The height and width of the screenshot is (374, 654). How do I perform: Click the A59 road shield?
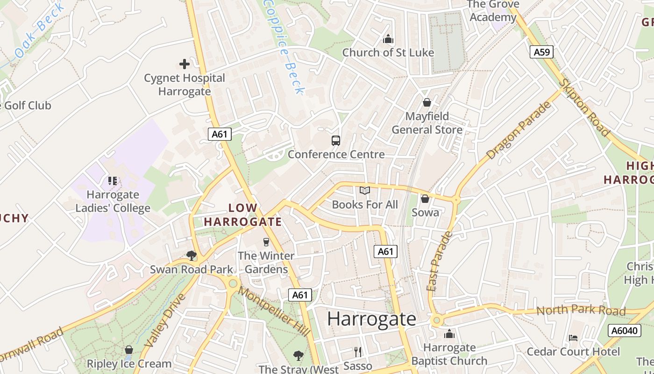[x=541, y=52]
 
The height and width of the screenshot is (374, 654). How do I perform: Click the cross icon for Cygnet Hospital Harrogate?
[x=185, y=64]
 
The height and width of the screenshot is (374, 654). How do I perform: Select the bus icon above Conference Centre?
[x=335, y=140]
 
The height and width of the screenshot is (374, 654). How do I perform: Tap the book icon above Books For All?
[x=365, y=191]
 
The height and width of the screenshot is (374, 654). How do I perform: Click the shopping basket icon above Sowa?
[x=425, y=199]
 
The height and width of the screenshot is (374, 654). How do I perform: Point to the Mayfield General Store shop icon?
[x=427, y=102]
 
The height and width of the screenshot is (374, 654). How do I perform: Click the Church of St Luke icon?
[x=388, y=39]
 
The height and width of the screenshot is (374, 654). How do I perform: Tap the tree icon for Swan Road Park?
[x=191, y=255]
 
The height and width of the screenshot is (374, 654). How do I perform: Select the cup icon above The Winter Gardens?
[x=266, y=242]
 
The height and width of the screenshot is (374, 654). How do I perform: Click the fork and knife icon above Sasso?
[x=357, y=352]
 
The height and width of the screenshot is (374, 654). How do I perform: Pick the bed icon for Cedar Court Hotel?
[x=573, y=338]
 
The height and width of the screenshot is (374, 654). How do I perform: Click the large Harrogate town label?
[x=371, y=319]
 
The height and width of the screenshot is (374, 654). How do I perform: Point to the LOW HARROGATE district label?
[x=243, y=215]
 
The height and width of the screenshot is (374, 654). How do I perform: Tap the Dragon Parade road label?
[x=519, y=130]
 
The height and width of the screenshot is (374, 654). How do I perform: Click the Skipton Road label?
[x=585, y=107]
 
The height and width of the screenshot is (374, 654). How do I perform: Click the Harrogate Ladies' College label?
[x=113, y=201]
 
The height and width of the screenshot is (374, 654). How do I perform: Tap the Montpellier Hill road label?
[x=274, y=311]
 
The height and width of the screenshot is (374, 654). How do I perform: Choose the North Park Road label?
[x=581, y=311]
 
